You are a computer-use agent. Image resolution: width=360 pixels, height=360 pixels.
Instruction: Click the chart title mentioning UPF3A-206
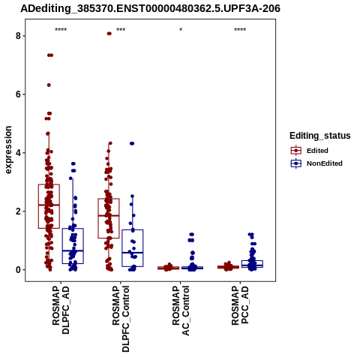point(150,8)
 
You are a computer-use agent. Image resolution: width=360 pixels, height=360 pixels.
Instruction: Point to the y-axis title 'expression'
point(8,150)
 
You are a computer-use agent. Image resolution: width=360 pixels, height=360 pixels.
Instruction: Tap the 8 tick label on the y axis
point(18,36)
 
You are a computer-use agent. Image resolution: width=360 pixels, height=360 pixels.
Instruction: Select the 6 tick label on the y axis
point(18,94)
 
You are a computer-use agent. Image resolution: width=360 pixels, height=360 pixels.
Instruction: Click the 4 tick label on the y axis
point(18,153)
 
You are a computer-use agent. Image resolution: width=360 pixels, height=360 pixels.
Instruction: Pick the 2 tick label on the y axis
point(18,211)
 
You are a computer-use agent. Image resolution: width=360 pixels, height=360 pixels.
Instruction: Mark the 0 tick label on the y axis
point(18,270)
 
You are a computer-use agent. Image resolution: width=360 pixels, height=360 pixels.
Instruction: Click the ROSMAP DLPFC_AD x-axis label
point(61,310)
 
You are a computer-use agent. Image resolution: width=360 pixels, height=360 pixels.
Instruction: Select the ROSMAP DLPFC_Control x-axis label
point(121,319)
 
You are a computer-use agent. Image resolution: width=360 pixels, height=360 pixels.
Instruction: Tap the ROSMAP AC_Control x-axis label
point(181,310)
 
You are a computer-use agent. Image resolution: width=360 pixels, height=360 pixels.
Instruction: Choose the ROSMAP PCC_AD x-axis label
point(240,305)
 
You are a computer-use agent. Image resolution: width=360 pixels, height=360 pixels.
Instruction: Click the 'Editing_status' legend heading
point(320,136)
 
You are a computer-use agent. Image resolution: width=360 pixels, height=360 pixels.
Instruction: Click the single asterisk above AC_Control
point(181,30)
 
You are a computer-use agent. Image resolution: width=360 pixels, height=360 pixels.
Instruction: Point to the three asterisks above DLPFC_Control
point(121,30)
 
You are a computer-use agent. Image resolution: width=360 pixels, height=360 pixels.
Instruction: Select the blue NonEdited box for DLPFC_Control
point(133,229)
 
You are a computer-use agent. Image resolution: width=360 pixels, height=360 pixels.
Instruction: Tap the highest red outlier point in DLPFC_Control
point(109,34)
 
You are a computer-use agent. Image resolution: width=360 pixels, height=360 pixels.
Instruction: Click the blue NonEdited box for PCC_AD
point(252,261)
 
